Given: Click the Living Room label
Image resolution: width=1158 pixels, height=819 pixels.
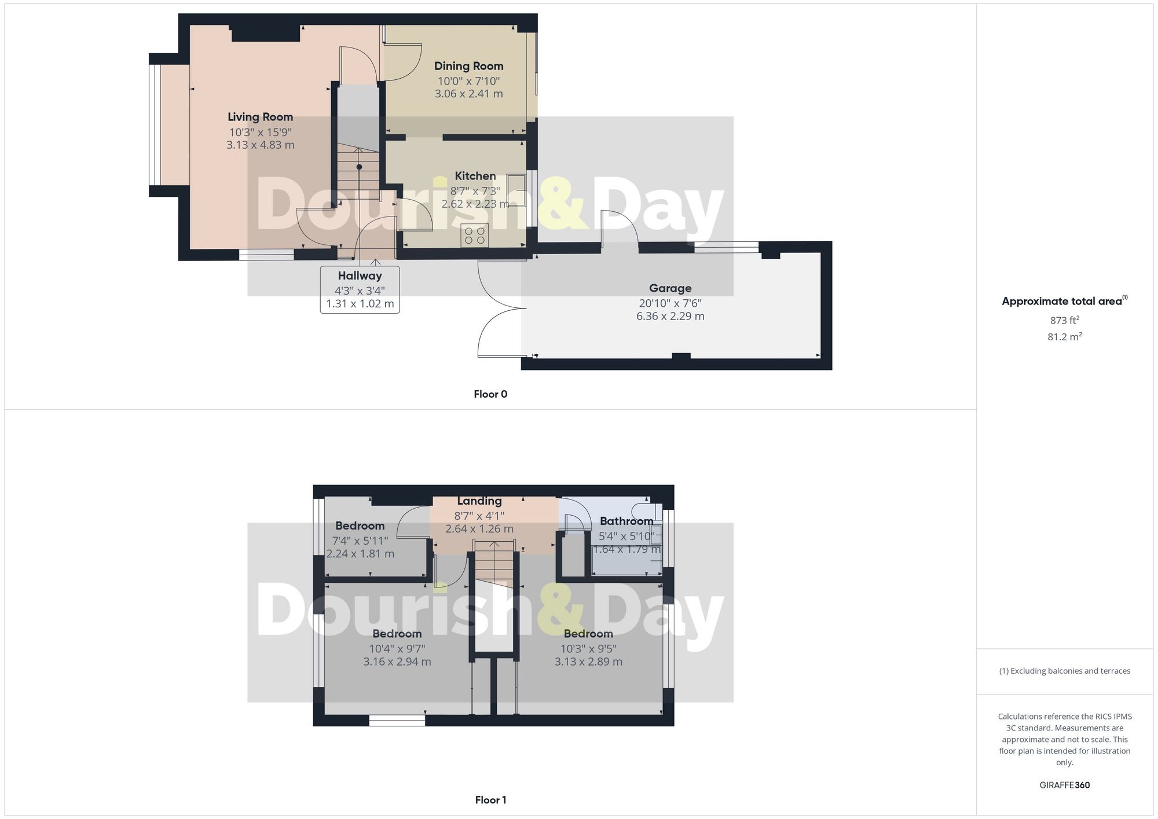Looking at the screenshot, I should pyautogui.click(x=260, y=117).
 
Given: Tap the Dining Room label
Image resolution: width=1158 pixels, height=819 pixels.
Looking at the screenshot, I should pyautogui.click(x=468, y=66).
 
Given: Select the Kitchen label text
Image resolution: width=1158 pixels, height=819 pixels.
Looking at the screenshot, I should pyautogui.click(x=475, y=176).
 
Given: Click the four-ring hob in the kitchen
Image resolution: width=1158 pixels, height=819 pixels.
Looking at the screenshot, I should pyautogui.click(x=475, y=235).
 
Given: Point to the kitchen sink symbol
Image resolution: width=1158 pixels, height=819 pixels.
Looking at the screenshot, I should pyautogui.click(x=516, y=190).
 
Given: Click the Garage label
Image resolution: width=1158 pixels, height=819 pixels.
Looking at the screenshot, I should pyautogui.click(x=670, y=288).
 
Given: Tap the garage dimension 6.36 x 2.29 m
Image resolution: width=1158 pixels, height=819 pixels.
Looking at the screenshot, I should pyautogui.click(x=670, y=316).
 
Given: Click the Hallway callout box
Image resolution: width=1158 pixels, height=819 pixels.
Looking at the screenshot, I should pyautogui.click(x=360, y=289).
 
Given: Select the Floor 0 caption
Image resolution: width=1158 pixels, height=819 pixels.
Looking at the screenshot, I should pyautogui.click(x=490, y=394).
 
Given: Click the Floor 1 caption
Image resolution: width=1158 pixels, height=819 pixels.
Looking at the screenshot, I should pyautogui.click(x=490, y=800).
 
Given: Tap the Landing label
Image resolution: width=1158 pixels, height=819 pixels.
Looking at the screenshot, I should pyautogui.click(x=479, y=501).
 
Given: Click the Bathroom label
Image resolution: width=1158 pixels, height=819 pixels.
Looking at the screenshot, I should pyautogui.click(x=626, y=521).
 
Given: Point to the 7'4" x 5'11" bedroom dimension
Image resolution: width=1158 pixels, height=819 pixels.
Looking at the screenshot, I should pyautogui.click(x=360, y=541).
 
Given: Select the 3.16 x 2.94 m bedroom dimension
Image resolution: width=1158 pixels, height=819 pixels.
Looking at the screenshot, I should pyautogui.click(x=397, y=662).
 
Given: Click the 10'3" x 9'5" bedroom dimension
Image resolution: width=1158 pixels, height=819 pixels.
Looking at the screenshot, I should pyautogui.click(x=588, y=649).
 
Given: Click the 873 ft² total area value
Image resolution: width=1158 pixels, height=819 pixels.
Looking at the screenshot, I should pyautogui.click(x=1064, y=320).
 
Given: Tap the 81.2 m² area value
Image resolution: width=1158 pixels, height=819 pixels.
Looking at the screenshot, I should pyautogui.click(x=1064, y=336).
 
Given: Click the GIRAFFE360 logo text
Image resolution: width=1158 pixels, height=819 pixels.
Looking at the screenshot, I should pyautogui.click(x=1064, y=785).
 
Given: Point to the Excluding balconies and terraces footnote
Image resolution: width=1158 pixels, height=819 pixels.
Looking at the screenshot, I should pyautogui.click(x=1064, y=671).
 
